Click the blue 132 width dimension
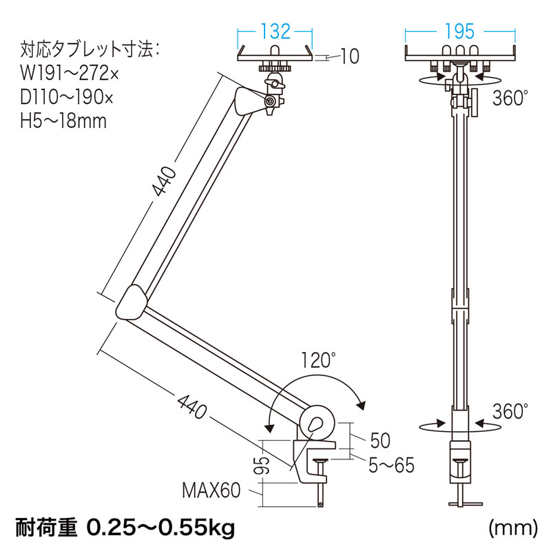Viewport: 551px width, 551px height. point(275,32)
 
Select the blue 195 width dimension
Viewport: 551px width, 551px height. point(459,32)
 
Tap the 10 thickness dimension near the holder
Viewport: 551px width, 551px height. point(350,56)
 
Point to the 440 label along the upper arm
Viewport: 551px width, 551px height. point(163,181)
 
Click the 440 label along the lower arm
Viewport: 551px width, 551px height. point(192,406)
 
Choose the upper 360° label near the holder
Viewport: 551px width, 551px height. point(510,98)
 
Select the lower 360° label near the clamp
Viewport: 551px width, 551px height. point(510,411)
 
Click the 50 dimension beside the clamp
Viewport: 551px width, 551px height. point(380,440)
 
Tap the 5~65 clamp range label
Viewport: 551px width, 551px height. point(392,465)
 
